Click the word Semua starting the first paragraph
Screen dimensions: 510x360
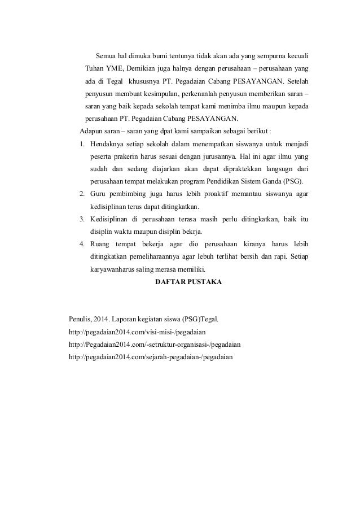[107, 56]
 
